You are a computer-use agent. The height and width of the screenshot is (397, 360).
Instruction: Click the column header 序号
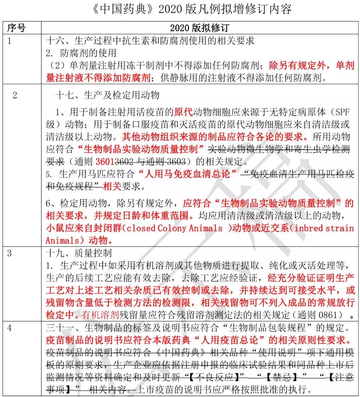(x=16, y=28)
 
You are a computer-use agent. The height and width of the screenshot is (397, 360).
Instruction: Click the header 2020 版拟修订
(x=199, y=28)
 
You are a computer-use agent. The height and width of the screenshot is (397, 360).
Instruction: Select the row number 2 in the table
(x=15, y=95)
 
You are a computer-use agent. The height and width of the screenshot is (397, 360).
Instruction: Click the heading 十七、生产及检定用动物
(x=107, y=95)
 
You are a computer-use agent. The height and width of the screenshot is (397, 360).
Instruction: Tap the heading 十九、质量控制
(x=79, y=253)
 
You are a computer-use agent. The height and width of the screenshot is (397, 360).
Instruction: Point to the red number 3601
(x=105, y=162)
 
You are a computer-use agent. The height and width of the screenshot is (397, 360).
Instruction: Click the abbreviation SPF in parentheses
(x=342, y=112)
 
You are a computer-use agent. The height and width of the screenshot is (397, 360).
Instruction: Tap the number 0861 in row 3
(x=330, y=314)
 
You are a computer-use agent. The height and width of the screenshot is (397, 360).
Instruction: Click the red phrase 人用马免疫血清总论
(x=189, y=174)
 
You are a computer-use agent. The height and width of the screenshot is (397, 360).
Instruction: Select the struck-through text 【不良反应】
(x=213, y=377)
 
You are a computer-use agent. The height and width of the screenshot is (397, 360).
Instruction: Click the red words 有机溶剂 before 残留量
(x=100, y=314)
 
